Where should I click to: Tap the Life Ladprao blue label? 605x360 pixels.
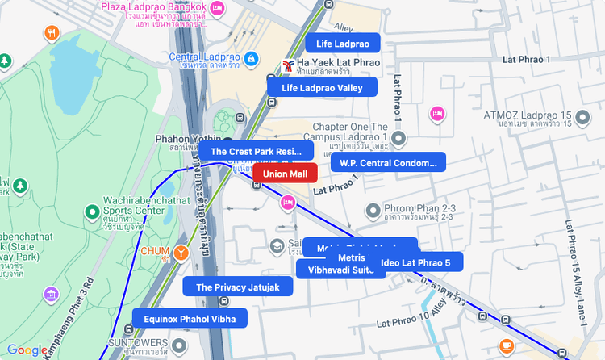point(342,44)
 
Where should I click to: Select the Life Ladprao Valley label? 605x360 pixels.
point(322,87)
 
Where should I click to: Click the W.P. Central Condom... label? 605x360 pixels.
point(388,163)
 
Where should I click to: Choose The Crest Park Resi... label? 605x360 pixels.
point(256,151)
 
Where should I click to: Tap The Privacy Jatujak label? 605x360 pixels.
point(237,287)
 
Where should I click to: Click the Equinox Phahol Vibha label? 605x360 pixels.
point(190,319)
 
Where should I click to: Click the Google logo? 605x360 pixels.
point(27,350)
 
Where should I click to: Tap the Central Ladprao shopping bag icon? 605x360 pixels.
point(252,59)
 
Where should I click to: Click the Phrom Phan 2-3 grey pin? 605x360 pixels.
point(373,211)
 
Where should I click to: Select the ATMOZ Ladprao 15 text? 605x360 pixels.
point(528,115)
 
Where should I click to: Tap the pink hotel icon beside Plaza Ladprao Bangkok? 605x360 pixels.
point(216,8)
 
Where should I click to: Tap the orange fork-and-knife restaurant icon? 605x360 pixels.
point(52,33)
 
